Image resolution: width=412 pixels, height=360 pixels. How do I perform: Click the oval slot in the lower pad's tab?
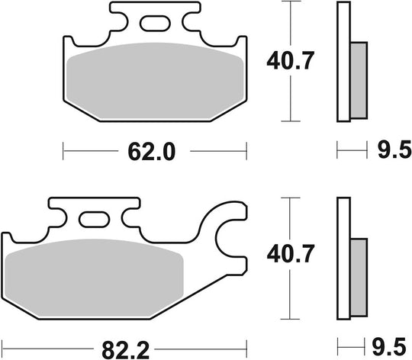pos(95,221)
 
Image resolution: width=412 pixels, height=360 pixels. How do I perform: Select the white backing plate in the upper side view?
pos(341,62)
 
